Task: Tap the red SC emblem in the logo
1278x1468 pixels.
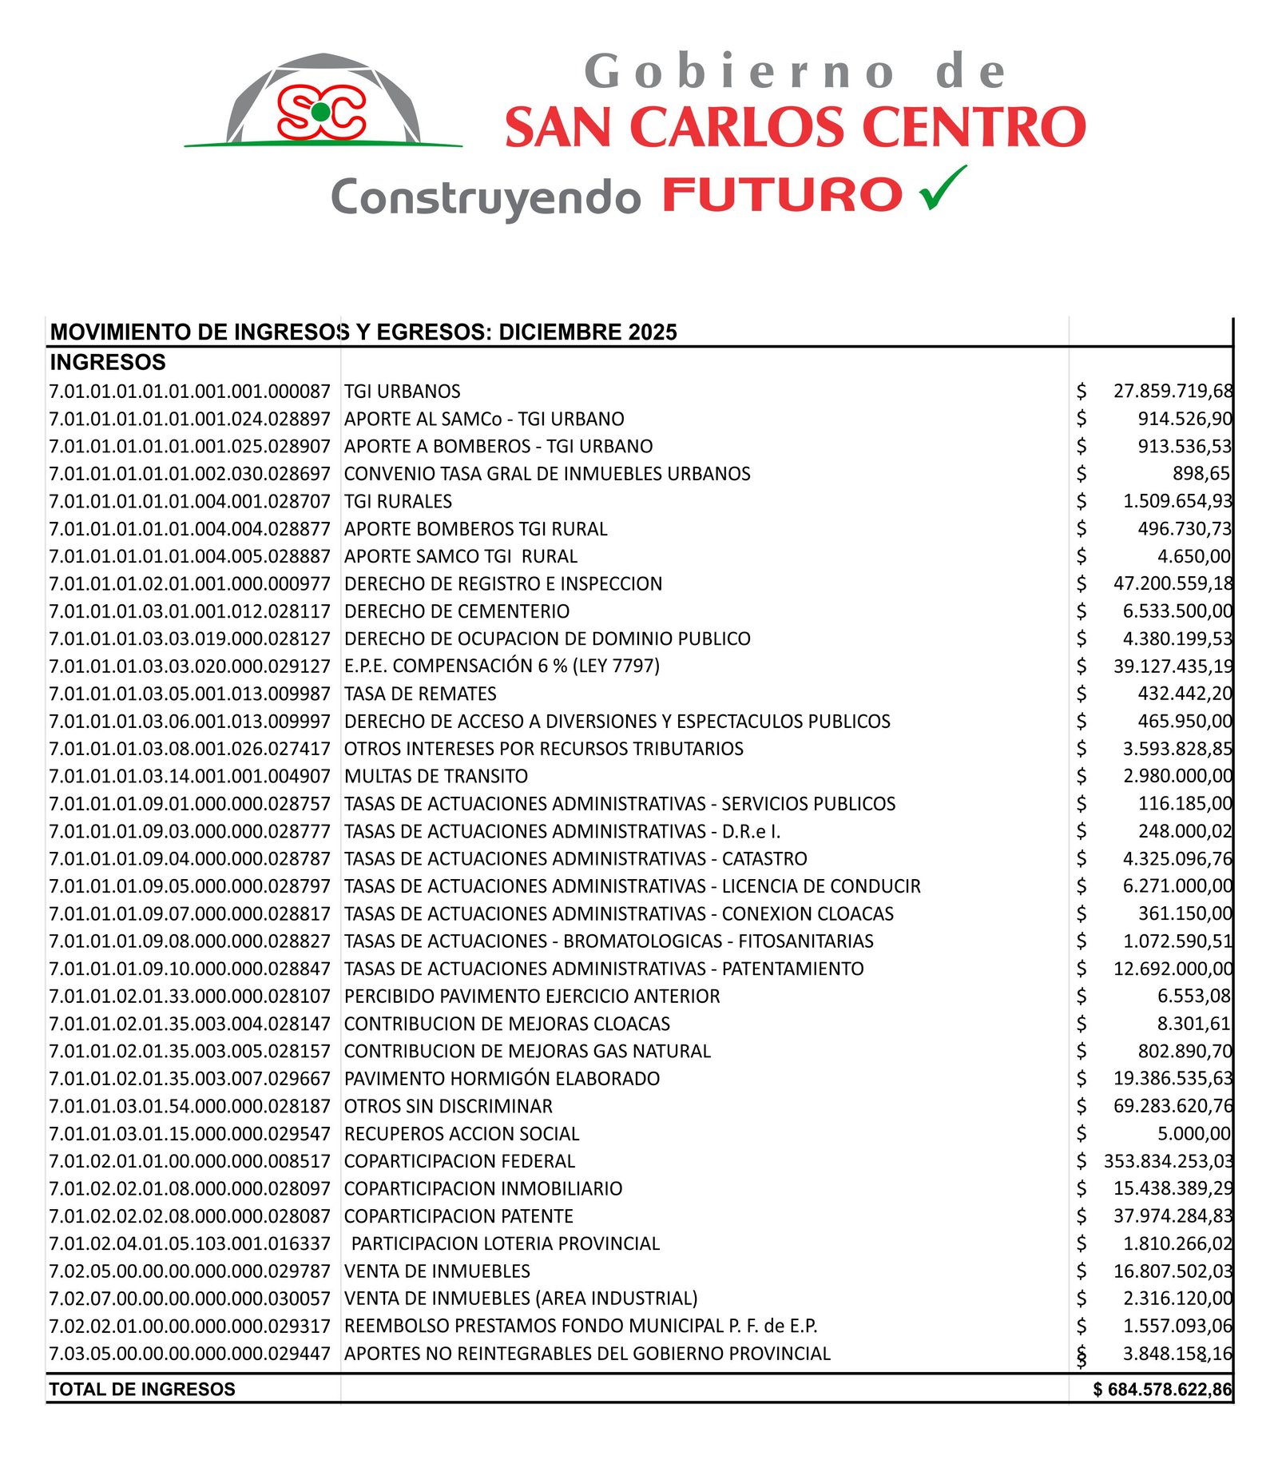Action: click(x=321, y=112)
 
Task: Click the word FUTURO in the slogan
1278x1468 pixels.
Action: click(x=782, y=196)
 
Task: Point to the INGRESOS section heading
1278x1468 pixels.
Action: click(x=108, y=362)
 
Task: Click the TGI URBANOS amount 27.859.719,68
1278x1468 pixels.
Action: click(x=1173, y=391)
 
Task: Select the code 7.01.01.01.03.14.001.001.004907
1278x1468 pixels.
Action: click(x=189, y=776)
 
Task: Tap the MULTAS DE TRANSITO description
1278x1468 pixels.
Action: click(x=436, y=776)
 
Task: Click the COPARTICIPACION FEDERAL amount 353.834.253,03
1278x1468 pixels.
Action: click(x=1168, y=1161)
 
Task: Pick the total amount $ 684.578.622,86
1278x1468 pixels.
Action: click(x=1162, y=1389)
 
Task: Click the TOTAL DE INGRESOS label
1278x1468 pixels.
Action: click(x=142, y=1389)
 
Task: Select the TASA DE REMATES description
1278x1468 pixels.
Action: click(x=420, y=694)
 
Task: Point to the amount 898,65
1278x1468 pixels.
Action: click(x=1201, y=473)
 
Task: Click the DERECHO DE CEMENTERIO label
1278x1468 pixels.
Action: click(x=457, y=611)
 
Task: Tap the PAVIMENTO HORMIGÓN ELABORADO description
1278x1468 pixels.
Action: click(x=502, y=1079)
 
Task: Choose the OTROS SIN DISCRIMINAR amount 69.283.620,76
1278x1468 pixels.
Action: click(x=1173, y=1106)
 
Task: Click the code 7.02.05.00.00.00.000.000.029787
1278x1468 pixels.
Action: click(x=189, y=1271)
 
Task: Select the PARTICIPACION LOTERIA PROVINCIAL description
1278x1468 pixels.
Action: click(x=506, y=1243)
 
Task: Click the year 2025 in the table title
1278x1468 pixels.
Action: click(x=652, y=332)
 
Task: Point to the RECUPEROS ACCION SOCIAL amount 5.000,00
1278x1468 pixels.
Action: click(x=1194, y=1133)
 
